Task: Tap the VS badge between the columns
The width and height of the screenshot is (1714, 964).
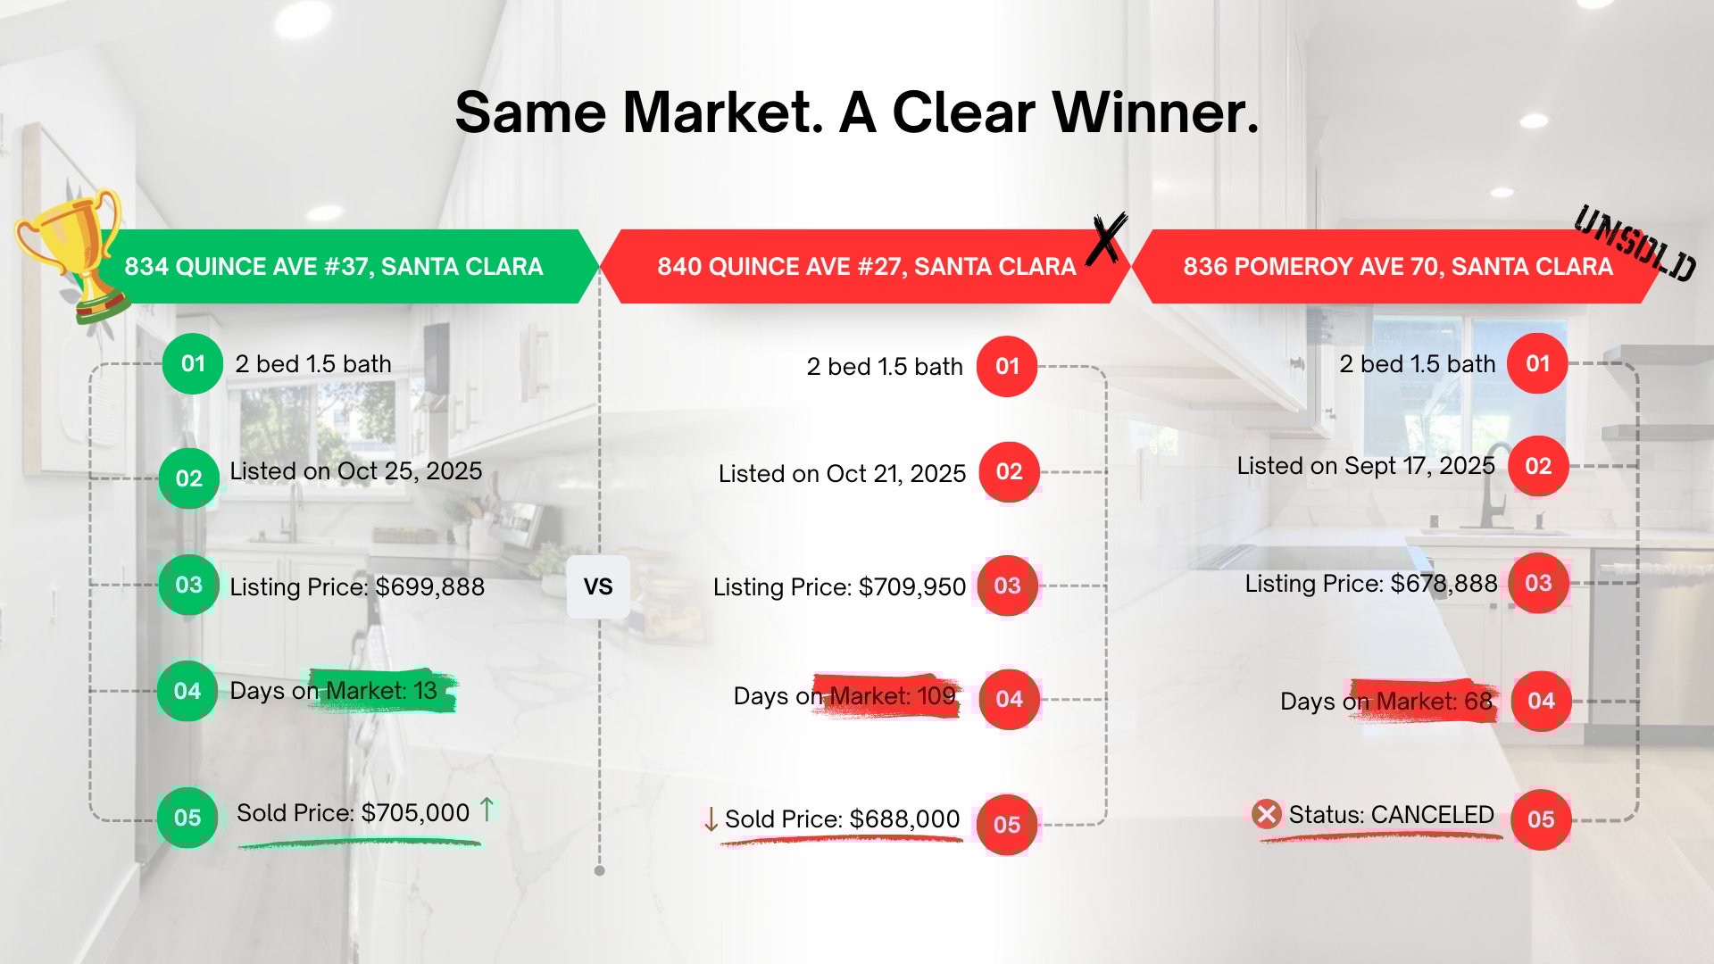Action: pos(598,586)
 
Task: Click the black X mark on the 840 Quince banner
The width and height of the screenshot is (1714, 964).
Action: pos(1107,238)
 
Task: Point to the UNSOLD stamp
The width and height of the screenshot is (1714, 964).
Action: pos(1635,243)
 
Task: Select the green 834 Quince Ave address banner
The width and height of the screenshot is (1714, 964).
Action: pos(348,266)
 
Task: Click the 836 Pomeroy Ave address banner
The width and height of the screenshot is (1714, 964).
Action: pos(1397,266)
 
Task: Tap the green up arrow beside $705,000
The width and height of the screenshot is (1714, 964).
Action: pos(487,810)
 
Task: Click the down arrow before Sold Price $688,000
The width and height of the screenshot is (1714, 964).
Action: pos(711,819)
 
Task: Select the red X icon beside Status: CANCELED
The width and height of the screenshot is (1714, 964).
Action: pos(1266,814)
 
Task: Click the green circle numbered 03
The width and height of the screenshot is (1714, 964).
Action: pos(188,585)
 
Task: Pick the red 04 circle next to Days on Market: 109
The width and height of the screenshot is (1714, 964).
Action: pos(1009,699)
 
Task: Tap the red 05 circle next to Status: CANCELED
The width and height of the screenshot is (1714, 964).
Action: pos(1541,819)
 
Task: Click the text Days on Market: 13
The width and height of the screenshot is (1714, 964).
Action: pos(334,690)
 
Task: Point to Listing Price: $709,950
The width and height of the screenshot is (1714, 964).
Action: pos(839,586)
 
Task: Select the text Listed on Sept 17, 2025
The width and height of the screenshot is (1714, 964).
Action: pos(1366,466)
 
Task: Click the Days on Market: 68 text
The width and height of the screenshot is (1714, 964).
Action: pos(1386,701)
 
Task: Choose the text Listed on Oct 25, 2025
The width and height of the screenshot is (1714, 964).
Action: pos(356,470)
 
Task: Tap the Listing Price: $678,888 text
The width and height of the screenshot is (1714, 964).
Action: pos(1371,584)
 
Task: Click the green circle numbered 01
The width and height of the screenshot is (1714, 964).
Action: pos(193,363)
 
